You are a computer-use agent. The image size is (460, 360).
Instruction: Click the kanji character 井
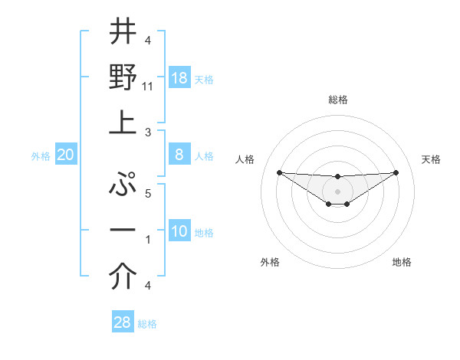coord(123,31)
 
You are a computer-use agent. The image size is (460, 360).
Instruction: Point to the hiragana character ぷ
coord(123,185)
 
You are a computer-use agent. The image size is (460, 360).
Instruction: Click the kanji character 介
coord(123,278)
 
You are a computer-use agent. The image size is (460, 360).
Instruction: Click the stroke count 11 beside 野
coord(148,87)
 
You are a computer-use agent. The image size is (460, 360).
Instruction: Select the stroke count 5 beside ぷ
coord(147,194)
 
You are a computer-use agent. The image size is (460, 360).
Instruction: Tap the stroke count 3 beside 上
coord(147,133)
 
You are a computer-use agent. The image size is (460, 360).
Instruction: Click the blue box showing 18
coord(179,78)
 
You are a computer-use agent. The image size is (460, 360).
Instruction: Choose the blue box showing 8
coord(179,155)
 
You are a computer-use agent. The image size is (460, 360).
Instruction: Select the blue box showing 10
coord(179,231)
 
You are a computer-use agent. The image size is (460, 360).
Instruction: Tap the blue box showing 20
coord(66,155)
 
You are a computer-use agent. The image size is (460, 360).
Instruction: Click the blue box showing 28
coord(123,322)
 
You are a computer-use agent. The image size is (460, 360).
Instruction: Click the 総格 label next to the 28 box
coord(147,324)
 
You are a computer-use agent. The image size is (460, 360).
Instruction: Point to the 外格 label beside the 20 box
coord(41,156)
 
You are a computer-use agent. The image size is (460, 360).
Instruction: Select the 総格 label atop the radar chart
coord(337,100)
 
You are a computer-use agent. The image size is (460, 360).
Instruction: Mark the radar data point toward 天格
coord(396,172)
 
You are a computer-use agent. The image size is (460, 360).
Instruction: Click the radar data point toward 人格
coord(279,172)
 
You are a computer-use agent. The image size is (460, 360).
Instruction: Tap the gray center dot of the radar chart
coord(337,191)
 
